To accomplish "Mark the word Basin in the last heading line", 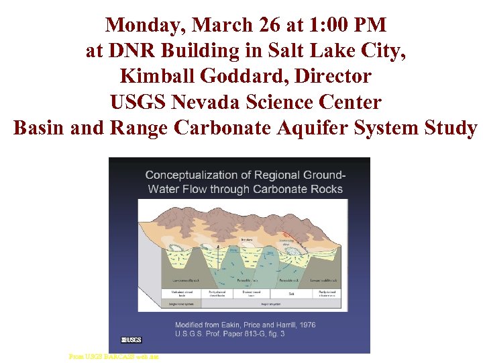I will (40, 128).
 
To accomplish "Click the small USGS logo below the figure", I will (131, 339).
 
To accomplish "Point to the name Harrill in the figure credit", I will (270, 325).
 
